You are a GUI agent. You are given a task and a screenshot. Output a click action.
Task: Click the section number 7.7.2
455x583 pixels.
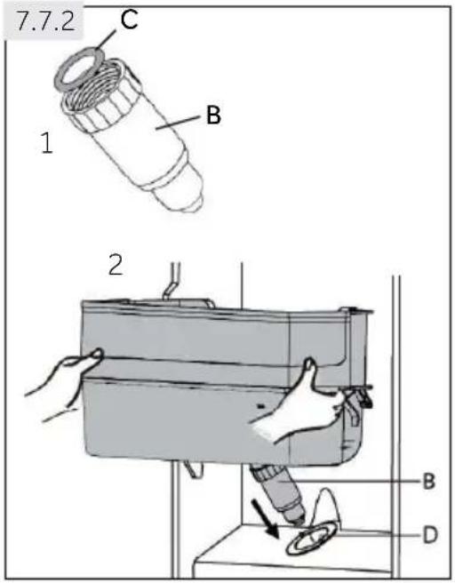pos(45,23)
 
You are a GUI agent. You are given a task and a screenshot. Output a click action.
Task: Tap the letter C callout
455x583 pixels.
pos(129,20)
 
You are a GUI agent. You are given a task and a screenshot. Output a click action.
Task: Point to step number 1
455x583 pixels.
pos(47,143)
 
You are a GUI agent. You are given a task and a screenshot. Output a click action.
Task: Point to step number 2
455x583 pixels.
pos(116,265)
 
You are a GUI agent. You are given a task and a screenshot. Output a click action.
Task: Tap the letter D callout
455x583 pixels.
pos(430,535)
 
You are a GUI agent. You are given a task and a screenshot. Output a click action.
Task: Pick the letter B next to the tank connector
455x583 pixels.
pos(428,481)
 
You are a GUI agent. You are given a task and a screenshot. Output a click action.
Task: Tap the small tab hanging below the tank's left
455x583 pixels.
pos(194,467)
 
